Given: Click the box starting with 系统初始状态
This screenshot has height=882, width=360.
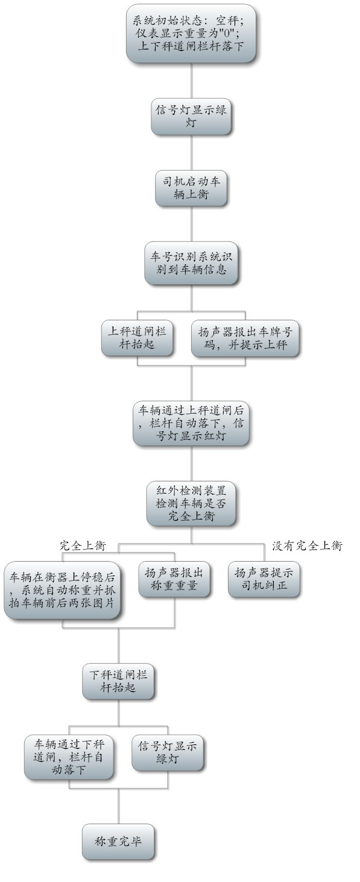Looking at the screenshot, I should [191, 33].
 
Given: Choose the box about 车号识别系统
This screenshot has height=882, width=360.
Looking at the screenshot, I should [191, 264].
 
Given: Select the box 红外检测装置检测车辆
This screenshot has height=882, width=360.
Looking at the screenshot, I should [191, 502].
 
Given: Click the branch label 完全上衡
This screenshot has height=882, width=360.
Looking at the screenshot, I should [83, 546].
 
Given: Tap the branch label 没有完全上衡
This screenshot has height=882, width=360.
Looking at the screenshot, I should [307, 546].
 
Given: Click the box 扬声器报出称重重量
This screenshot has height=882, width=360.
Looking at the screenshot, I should [174, 579].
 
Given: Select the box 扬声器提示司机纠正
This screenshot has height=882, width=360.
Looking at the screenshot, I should [264, 579].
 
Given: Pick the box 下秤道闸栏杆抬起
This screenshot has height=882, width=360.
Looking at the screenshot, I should [118, 682].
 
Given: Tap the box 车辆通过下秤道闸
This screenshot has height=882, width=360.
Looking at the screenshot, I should [69, 757].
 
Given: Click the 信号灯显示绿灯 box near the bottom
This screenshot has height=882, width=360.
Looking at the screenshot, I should [168, 752].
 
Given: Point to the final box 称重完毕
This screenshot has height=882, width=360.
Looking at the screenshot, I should [118, 841].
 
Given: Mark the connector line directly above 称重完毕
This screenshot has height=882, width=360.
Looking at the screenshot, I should [118, 805].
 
